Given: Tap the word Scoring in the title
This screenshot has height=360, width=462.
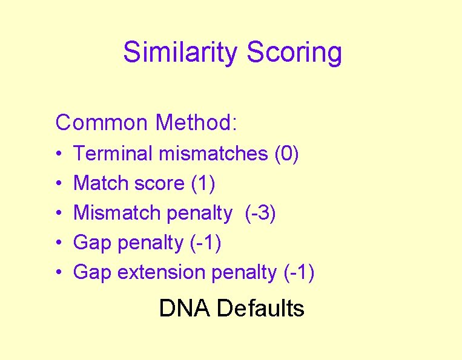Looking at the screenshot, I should (x=294, y=53).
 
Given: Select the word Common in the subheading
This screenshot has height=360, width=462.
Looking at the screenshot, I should (x=101, y=123).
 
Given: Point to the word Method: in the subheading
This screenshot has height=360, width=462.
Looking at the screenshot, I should (x=197, y=123).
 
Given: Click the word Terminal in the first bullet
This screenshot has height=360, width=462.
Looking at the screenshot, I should (x=113, y=154).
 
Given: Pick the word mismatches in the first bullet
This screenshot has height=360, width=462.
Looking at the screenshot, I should (x=213, y=154).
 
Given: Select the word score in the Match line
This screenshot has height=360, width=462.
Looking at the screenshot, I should (x=162, y=183).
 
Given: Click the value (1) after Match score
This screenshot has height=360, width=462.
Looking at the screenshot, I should (x=203, y=183).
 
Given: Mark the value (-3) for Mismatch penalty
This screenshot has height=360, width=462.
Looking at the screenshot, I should (x=260, y=213).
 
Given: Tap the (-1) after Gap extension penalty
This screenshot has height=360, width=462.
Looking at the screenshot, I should (x=299, y=273).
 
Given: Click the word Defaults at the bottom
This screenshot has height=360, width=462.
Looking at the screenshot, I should (x=260, y=309).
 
